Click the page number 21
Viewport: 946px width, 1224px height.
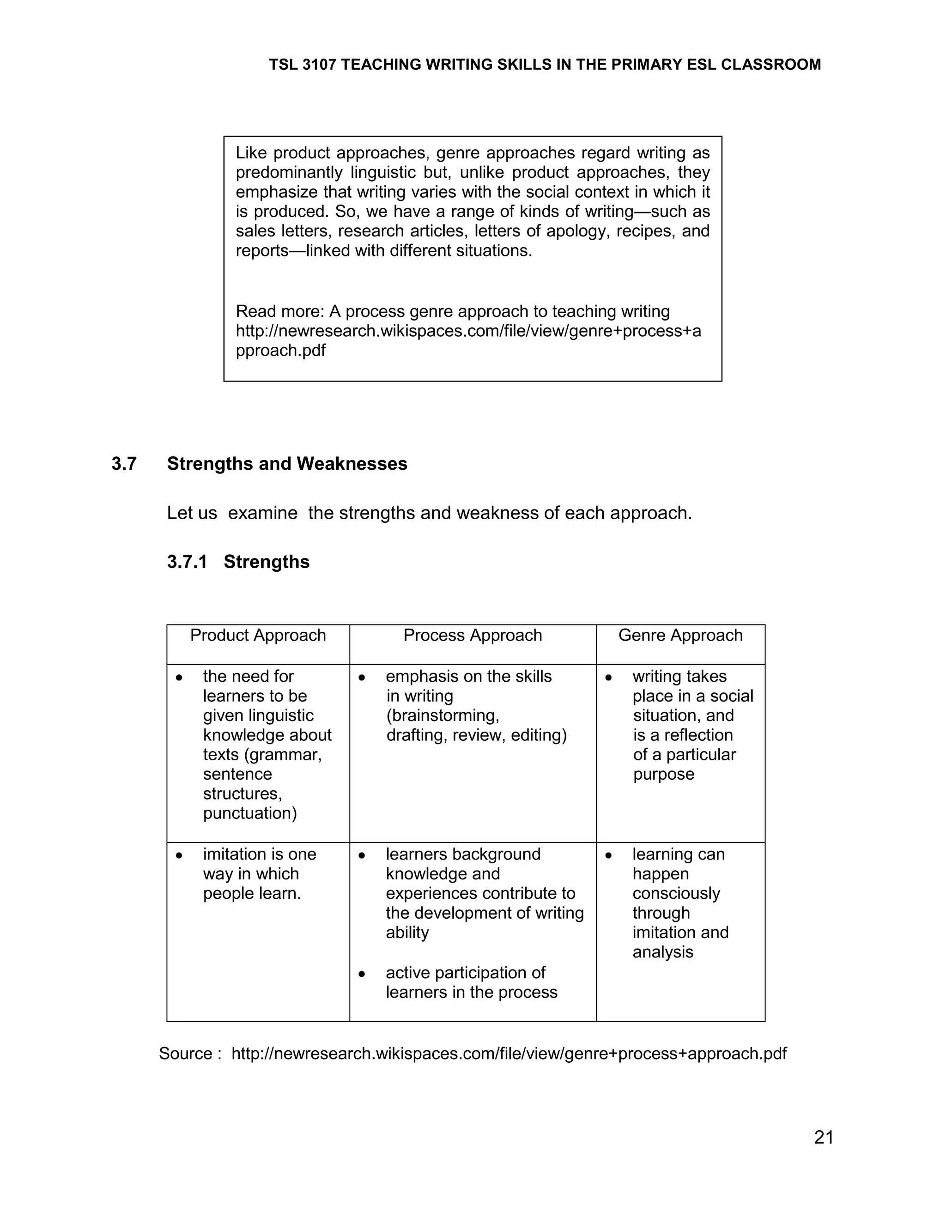[823, 1137]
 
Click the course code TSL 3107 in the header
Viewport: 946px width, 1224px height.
[302, 65]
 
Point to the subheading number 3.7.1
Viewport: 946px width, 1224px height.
[187, 562]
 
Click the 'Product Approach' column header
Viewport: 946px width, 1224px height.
[258, 635]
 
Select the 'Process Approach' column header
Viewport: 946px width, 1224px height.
[473, 635]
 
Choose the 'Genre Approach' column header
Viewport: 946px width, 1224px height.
[680, 635]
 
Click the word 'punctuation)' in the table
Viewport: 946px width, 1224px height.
[250, 813]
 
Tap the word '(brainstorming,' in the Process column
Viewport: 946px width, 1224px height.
[442, 715]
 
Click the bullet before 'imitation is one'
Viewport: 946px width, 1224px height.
[179, 855]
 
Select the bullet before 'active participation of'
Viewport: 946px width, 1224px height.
[362, 974]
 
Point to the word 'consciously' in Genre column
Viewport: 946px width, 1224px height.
[676, 893]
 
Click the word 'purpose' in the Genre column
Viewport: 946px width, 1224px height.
[664, 774]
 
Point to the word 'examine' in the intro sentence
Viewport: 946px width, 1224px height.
[262, 513]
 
